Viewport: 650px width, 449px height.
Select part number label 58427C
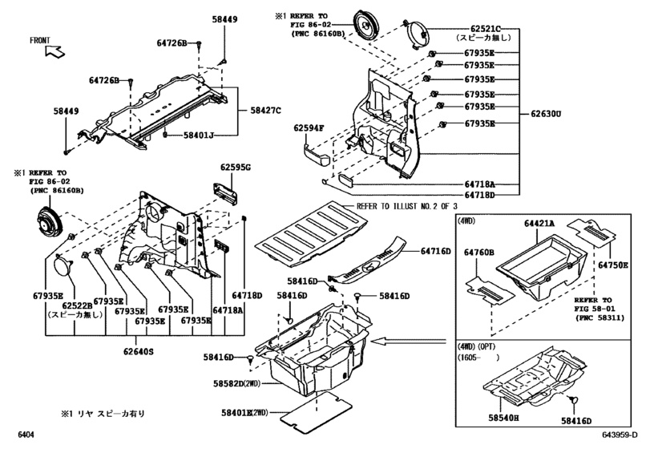tap(266, 110)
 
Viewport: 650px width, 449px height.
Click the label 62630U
tap(545, 114)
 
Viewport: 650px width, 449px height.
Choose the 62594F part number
tap(308, 128)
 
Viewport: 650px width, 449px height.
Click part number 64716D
tap(437, 251)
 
